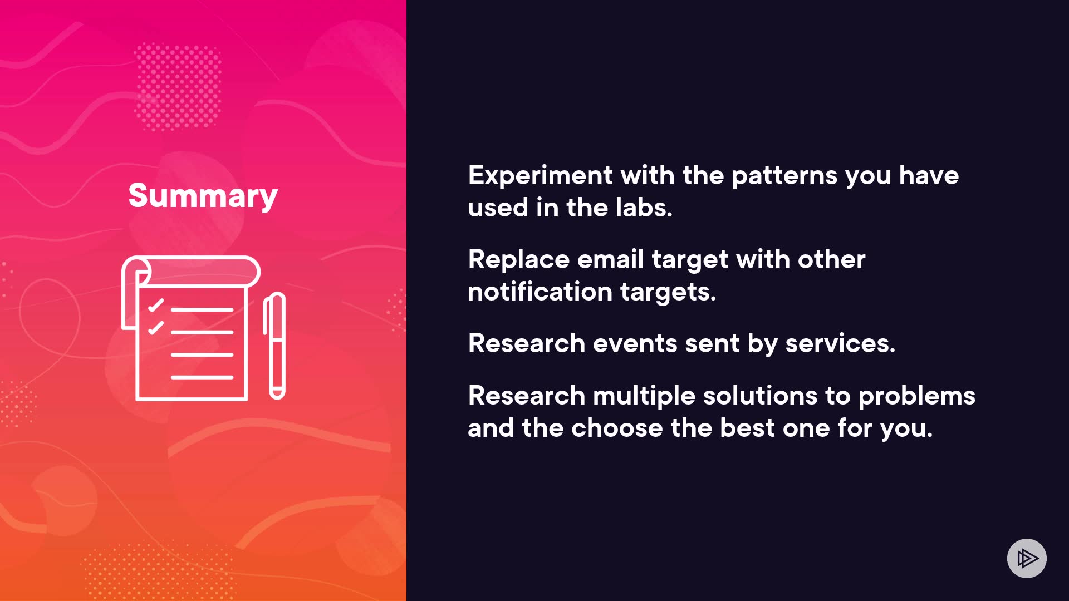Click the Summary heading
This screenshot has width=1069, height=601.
tap(203, 196)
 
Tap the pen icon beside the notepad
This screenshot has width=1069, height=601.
tap(274, 346)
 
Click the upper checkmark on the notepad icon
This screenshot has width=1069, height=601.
tap(156, 306)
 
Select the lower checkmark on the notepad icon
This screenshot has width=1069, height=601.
tap(156, 328)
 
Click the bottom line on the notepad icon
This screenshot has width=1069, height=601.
tap(202, 377)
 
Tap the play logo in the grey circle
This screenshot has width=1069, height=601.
tap(1027, 558)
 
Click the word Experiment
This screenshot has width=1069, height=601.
tap(540, 176)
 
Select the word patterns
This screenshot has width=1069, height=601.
tap(784, 176)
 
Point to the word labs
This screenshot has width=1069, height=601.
tap(644, 208)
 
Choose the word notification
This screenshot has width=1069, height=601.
tap(540, 292)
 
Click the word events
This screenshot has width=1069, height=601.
tap(635, 343)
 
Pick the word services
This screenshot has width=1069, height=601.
tap(840, 343)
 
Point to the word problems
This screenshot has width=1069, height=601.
tap(917, 396)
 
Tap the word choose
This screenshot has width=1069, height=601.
tap(617, 428)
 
